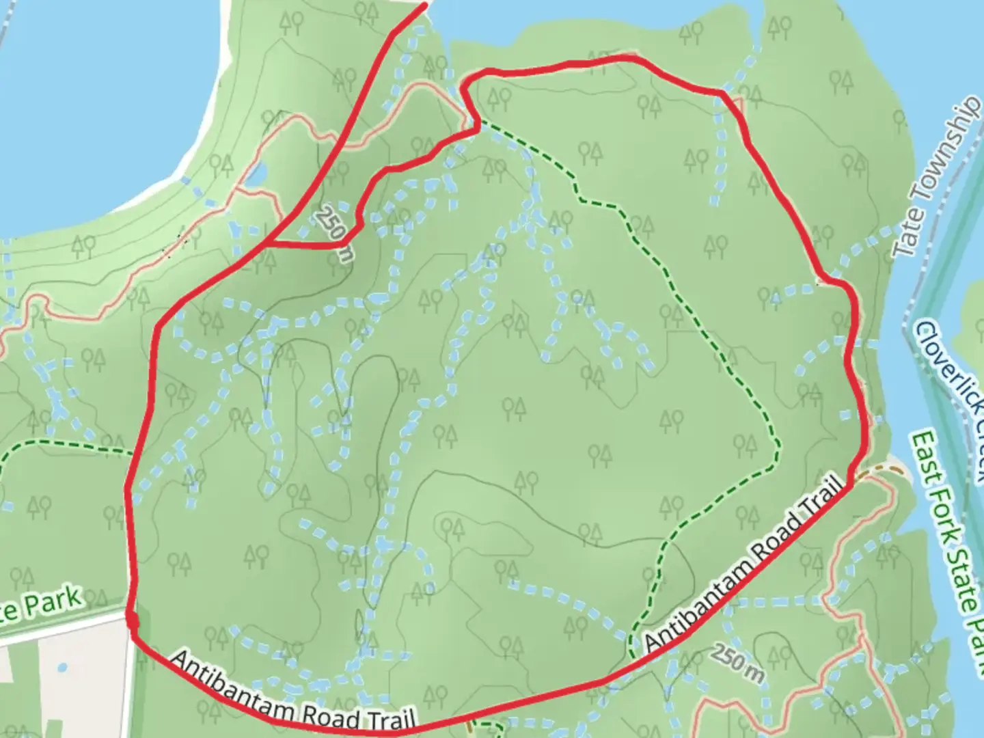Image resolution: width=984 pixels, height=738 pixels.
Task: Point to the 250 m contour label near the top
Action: click(x=335, y=232)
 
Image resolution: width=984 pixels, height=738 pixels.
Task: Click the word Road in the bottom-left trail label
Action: click(x=331, y=714)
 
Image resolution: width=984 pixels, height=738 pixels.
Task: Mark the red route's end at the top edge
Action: click(x=425, y=5)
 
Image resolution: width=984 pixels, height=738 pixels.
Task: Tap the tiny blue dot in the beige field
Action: click(x=62, y=668)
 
